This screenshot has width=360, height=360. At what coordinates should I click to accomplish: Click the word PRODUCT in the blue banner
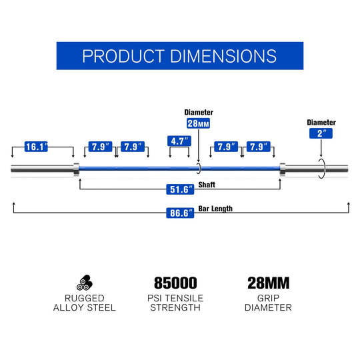(x=123, y=56)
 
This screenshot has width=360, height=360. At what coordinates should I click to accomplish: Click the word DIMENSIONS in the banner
(x=223, y=56)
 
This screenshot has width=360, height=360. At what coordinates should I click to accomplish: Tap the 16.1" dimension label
(x=36, y=147)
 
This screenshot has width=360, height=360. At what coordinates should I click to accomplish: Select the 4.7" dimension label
(x=179, y=141)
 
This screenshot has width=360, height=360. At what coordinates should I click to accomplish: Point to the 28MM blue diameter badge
(x=199, y=123)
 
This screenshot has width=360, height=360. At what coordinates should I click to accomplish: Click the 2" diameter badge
(x=321, y=133)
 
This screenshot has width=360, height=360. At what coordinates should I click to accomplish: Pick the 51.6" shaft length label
(x=180, y=189)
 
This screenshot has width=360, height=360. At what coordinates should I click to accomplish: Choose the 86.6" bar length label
(x=180, y=213)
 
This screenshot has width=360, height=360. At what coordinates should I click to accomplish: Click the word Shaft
(x=207, y=185)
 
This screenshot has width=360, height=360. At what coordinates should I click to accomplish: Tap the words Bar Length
(x=215, y=209)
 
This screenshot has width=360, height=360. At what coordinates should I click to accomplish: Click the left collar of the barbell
(x=77, y=169)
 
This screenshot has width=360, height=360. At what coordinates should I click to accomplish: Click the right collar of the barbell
(x=283, y=169)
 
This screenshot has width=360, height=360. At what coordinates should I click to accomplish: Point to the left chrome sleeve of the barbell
(x=42, y=169)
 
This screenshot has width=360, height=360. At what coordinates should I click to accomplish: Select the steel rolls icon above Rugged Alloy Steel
(x=85, y=283)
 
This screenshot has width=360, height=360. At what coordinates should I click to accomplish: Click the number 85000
(x=175, y=283)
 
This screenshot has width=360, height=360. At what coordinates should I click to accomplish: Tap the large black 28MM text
(x=269, y=283)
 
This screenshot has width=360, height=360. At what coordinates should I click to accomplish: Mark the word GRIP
(x=268, y=298)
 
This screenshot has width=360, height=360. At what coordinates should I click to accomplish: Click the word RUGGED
(x=85, y=298)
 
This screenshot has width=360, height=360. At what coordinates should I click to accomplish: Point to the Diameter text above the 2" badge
(x=321, y=123)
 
